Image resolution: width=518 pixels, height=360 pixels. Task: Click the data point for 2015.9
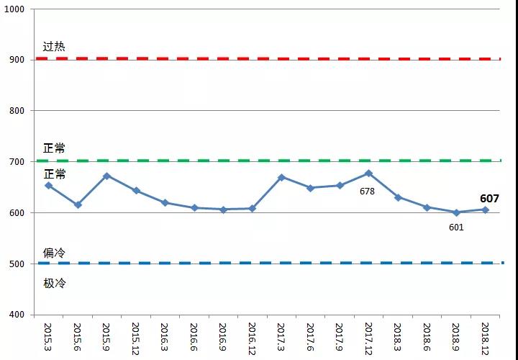(106, 176)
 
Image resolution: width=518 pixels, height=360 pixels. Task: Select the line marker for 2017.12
(368, 173)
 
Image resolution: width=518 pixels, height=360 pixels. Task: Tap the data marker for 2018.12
(485, 210)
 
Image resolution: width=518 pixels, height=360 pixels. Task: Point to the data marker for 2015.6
(78, 205)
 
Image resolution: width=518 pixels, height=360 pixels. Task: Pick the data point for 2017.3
(281, 177)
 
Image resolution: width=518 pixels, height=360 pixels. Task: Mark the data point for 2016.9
(223, 210)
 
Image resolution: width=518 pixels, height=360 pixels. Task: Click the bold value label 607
(489, 199)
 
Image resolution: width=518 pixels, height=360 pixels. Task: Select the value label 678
(367, 192)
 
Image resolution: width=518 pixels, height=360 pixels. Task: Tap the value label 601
(456, 228)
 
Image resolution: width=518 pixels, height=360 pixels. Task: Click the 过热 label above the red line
(54, 47)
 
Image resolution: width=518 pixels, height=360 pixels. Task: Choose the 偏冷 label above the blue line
(54, 253)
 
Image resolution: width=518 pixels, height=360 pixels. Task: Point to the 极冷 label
(54, 283)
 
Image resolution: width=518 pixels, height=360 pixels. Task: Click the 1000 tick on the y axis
(14, 9)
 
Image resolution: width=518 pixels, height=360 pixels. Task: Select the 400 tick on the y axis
(17, 315)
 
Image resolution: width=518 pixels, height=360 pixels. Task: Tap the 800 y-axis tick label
(17, 111)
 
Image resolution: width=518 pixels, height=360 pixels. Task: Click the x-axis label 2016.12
(252, 338)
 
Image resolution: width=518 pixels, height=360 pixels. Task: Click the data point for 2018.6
(427, 207)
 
